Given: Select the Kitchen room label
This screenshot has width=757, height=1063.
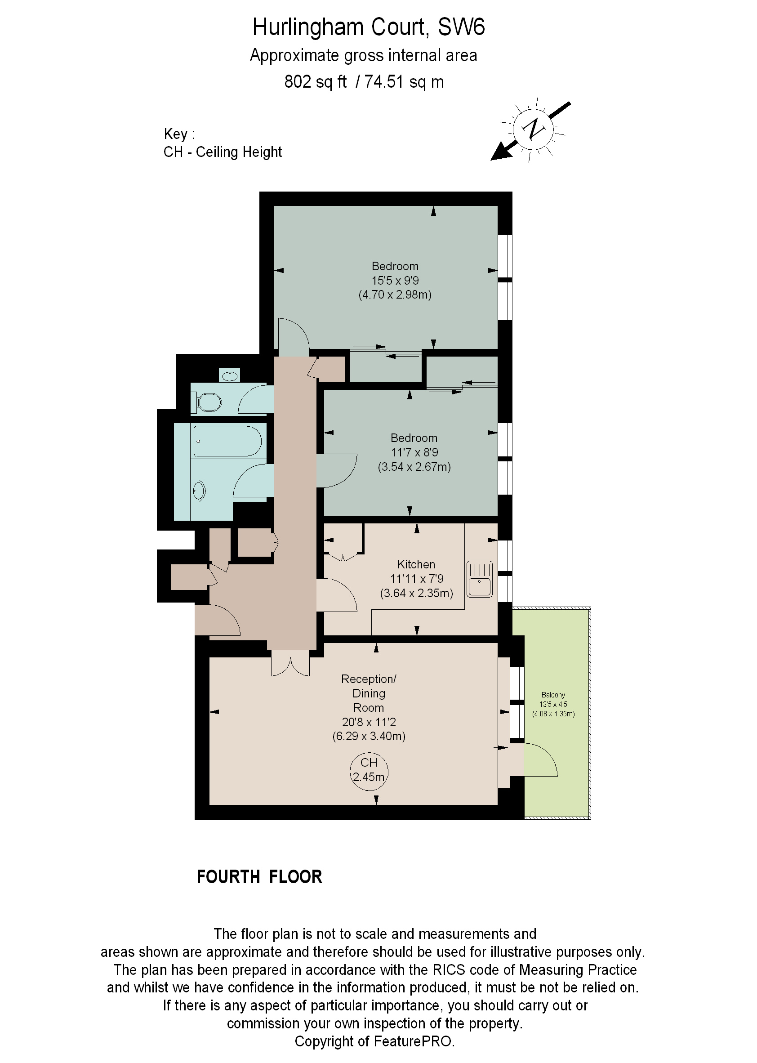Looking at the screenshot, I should coord(416,564).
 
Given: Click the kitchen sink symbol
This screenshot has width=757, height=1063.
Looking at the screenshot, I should coord(479,579).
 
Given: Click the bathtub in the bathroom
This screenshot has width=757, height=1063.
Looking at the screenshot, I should coord(227,441).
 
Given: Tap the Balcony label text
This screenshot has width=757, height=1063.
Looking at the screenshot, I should coord(553,695).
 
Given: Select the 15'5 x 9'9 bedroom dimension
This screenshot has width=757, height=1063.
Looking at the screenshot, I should coord(395,281).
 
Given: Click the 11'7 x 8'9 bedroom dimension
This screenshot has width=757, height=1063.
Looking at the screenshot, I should coord(414,452).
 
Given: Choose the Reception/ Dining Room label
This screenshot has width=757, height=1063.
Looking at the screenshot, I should coord(368,693).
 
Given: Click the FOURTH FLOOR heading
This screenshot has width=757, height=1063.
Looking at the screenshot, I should coord(259,877).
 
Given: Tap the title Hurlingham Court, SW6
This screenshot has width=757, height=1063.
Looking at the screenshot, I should coord(368,27).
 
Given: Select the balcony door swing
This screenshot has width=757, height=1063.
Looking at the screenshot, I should coord(541,760).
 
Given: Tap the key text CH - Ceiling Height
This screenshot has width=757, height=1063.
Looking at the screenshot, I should coord(223,152).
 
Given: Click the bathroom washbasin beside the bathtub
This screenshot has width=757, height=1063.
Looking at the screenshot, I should coord(199,491).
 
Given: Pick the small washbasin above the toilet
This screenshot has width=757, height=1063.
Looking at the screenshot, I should coord(229,375).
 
